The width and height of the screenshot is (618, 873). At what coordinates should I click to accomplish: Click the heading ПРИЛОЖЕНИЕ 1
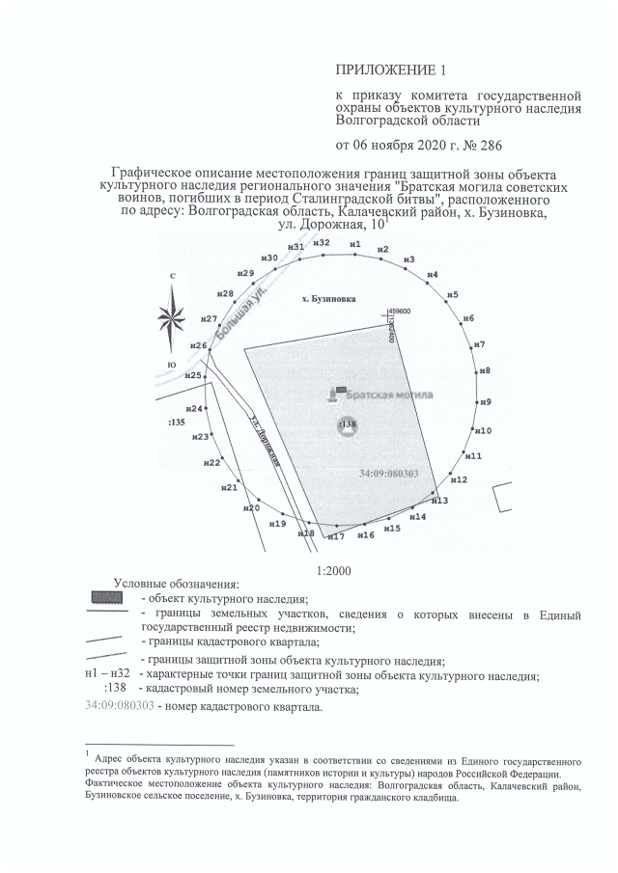[379, 70]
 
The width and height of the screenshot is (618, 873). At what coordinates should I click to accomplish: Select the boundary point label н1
[355, 244]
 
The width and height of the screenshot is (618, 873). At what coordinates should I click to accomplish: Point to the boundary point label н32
[323, 242]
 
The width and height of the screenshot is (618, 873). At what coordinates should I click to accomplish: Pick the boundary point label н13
[439, 501]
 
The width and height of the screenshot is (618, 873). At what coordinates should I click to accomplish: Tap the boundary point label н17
[336, 536]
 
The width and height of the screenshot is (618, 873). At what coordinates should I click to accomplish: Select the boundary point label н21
[229, 488]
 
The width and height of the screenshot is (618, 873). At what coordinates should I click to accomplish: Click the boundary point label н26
[198, 345]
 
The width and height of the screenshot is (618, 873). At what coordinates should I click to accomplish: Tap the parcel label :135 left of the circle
[176, 423]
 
